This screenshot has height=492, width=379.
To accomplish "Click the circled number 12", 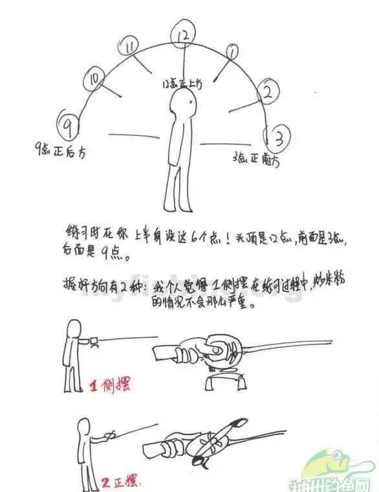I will tap(184, 35).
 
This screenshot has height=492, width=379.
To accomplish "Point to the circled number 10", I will tap(95, 80).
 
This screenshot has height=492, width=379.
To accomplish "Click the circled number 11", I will tap(131, 47).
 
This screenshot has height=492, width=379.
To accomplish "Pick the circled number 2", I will tap(266, 92).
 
